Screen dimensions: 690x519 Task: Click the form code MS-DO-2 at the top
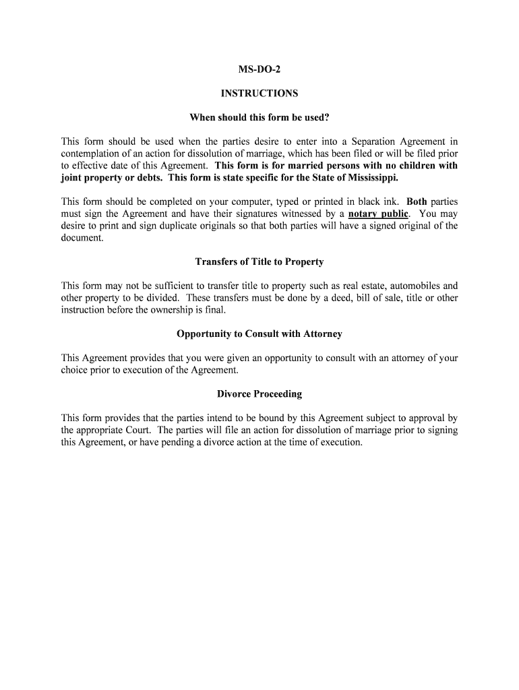point(259,70)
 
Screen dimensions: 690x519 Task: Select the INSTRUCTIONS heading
point(259,94)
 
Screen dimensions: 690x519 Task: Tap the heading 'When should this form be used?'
point(259,118)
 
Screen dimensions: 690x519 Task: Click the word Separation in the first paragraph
point(375,142)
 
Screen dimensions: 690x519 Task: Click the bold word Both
point(417,202)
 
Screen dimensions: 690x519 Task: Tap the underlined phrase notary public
point(378,214)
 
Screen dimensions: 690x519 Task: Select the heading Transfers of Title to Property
point(259,261)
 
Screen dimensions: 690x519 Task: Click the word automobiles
point(400,286)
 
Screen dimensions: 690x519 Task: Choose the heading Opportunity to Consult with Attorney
point(259,334)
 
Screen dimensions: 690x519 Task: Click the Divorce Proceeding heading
point(259,394)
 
